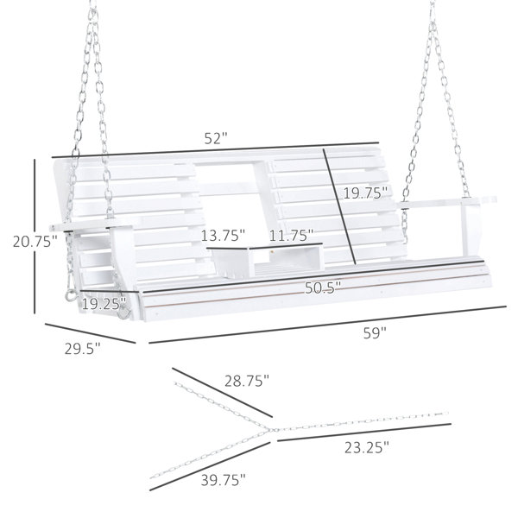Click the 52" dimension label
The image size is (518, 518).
click(216, 138)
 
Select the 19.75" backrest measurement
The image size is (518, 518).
click(365, 193)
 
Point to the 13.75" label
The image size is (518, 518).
click(223, 236)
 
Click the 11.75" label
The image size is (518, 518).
click(291, 236)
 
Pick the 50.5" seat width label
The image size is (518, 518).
click(322, 288)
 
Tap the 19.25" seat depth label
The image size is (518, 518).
click(104, 304)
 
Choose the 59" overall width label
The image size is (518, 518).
click(375, 332)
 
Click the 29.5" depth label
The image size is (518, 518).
click(82, 349)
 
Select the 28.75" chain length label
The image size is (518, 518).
click(247, 381)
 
